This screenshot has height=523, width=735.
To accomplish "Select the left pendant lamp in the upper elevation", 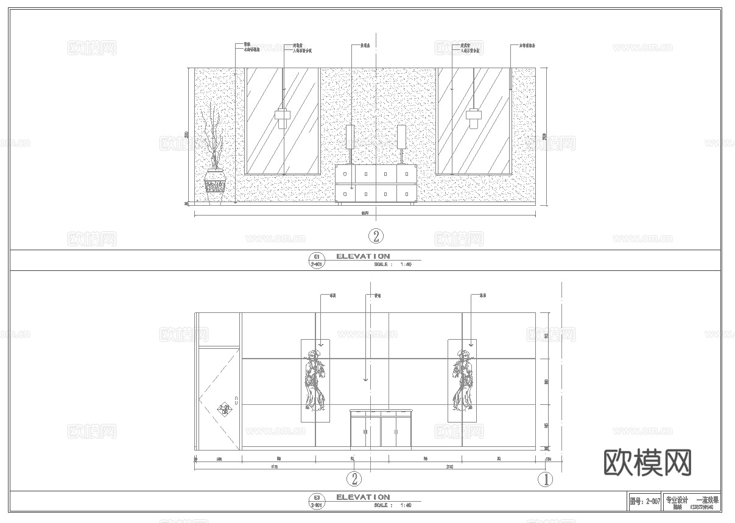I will click(x=282, y=116).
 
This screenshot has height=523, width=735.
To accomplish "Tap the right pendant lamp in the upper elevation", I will click(x=473, y=116).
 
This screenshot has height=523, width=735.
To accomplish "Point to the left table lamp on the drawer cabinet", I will click(x=350, y=137).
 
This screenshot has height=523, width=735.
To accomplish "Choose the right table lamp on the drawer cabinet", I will click(x=401, y=137).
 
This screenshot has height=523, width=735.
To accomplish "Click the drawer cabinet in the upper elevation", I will click(x=376, y=183).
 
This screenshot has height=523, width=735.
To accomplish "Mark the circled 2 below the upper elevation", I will click(x=377, y=236).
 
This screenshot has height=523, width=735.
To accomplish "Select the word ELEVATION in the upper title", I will click(x=363, y=256).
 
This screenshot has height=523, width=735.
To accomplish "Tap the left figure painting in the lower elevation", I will click(x=315, y=381).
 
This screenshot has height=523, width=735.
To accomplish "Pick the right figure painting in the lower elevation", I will click(x=462, y=381).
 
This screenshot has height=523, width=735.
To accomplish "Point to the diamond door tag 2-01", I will click(x=225, y=409).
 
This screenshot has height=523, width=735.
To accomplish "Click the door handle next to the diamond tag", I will click(x=236, y=400).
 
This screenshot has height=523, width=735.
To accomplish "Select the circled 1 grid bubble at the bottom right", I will click(x=546, y=480).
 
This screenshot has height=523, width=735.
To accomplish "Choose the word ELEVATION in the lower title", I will click(x=363, y=497).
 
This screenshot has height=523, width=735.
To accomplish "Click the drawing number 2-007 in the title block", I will click(x=644, y=501).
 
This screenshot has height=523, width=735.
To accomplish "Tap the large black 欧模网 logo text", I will click(x=647, y=463).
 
